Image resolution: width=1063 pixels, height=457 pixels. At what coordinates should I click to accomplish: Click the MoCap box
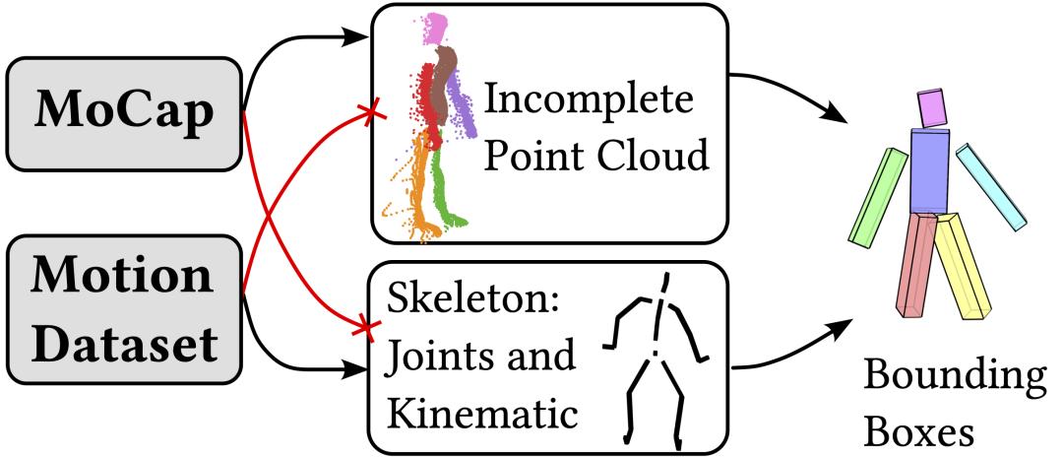tap(123, 113)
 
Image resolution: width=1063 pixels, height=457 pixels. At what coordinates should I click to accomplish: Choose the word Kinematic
tap(482, 413)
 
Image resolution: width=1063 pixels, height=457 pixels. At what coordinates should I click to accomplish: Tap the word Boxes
tap(918, 432)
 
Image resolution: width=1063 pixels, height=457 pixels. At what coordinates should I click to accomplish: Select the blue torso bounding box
tap(928, 170)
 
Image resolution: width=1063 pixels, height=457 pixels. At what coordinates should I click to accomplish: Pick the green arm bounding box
tap(878, 197)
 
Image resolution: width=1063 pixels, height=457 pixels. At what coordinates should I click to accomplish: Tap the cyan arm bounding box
tap(991, 186)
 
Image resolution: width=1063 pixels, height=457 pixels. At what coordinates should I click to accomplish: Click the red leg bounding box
tap(916, 264)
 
